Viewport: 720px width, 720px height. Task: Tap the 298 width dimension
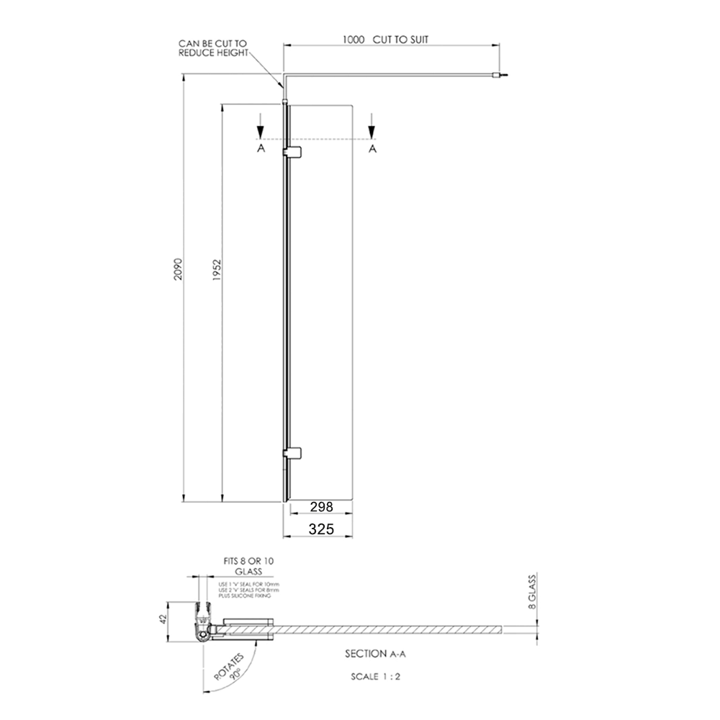321,507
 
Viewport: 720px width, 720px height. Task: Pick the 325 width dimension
321,529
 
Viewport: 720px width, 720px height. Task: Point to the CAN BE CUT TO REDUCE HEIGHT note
213,49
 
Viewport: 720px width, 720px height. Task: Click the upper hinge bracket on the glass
293,151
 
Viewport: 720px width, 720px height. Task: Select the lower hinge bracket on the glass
293,453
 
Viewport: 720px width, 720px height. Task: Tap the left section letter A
261,148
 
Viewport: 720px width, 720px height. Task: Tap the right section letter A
372,148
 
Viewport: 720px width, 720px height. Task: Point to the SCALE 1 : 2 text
375,678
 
